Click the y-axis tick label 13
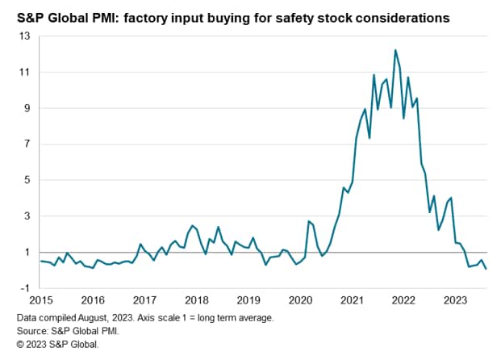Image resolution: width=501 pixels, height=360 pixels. coord(25,36)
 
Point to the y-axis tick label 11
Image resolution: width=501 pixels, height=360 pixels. coord(25,73)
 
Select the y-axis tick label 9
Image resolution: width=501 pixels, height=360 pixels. coord(27,108)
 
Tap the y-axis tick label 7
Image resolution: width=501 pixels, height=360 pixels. coord(27,144)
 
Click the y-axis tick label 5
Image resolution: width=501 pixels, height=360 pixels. coord(27,180)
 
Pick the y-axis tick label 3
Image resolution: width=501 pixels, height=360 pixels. coord(27,216)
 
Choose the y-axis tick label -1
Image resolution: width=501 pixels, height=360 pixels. coord(26,288)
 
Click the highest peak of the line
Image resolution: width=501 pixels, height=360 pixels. coord(395,50)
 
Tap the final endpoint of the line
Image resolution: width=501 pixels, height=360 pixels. coord(486,269)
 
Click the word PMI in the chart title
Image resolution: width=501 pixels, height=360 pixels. coord(115,15)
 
